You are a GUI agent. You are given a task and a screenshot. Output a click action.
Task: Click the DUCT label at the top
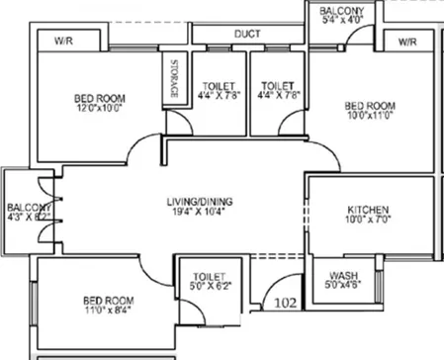247,33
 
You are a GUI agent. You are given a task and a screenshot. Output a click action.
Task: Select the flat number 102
286,305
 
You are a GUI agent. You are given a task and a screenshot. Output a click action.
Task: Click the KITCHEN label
370,210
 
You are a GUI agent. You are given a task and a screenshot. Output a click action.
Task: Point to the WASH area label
343,275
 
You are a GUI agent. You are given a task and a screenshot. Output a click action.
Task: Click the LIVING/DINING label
200,203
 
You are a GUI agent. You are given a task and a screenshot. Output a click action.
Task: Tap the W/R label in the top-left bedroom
61,42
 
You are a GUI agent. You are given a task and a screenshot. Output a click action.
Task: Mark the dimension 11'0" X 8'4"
108,311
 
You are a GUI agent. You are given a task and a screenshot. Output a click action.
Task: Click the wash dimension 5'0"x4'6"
343,287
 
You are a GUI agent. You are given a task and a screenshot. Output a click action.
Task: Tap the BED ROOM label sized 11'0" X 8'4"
109,299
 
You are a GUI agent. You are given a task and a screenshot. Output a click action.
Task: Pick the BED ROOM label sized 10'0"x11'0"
370,105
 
